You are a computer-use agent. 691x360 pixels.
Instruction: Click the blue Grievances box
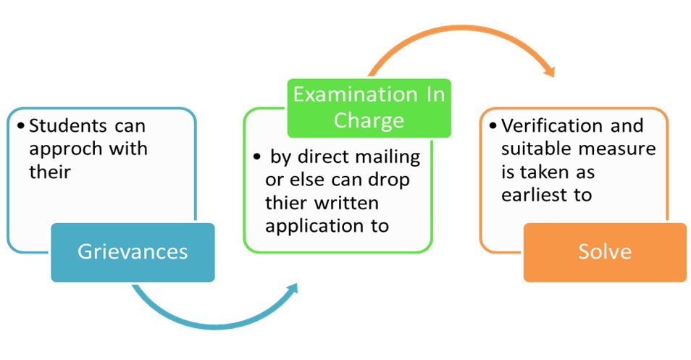coord(133,253)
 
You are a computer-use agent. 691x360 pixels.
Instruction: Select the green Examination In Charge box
coord(369,108)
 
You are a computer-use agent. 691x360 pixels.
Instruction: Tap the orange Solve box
coord(605,253)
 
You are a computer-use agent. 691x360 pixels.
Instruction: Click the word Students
coord(68,126)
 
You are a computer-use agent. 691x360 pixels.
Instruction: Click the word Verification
coord(552,126)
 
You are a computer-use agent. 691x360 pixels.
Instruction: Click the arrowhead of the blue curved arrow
coord(292,290)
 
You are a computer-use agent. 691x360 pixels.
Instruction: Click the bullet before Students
coord(21,126)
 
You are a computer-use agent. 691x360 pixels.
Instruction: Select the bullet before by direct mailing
coord(257,157)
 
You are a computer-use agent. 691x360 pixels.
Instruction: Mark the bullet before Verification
coord(493,126)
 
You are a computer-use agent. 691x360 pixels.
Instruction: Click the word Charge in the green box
coord(369,121)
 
